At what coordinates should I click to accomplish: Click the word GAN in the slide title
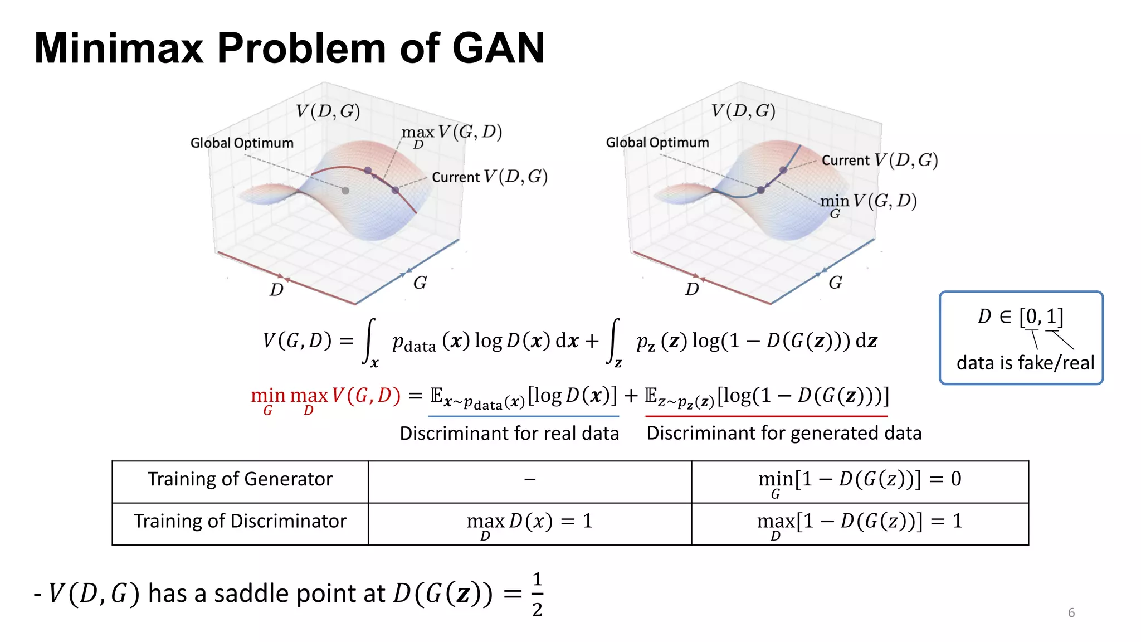[x=498, y=48]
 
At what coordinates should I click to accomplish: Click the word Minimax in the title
[x=118, y=48]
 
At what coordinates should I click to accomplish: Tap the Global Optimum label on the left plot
[x=242, y=143]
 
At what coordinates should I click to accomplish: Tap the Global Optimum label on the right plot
[x=657, y=143]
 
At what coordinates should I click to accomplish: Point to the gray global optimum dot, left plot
[x=345, y=191]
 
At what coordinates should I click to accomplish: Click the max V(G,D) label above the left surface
[x=451, y=134]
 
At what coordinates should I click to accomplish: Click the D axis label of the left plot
[x=276, y=290]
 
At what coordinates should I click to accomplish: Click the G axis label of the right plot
[x=835, y=283]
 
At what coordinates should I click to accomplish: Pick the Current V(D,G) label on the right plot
[x=880, y=160]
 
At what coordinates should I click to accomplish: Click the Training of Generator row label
[x=240, y=479]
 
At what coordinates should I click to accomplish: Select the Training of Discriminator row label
[x=240, y=521]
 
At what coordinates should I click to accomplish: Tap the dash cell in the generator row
[x=530, y=479]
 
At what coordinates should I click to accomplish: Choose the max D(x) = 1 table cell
[x=529, y=522]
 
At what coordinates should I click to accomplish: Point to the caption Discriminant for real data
[x=509, y=434]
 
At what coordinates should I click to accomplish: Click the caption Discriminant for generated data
[x=784, y=433]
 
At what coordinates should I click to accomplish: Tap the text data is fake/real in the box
[x=1025, y=363]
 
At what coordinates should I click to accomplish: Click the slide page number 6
[x=1071, y=613]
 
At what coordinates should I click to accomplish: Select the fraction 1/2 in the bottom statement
[x=537, y=595]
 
